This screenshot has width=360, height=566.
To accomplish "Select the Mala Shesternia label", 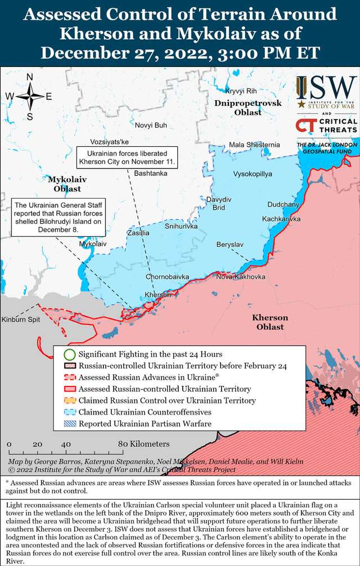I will tap(254, 145).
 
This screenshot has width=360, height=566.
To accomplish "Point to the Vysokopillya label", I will tap(253, 174).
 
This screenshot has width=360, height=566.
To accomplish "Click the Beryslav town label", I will tap(230, 245).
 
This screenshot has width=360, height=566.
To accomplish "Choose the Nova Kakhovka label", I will tap(241, 277).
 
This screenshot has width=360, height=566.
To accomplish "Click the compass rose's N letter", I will tap(30, 78).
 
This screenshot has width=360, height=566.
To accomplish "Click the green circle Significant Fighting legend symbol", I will tap(69, 354).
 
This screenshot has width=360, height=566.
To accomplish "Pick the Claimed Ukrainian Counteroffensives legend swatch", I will tap(69, 412).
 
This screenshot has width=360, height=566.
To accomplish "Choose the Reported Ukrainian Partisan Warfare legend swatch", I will tap(69, 424).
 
